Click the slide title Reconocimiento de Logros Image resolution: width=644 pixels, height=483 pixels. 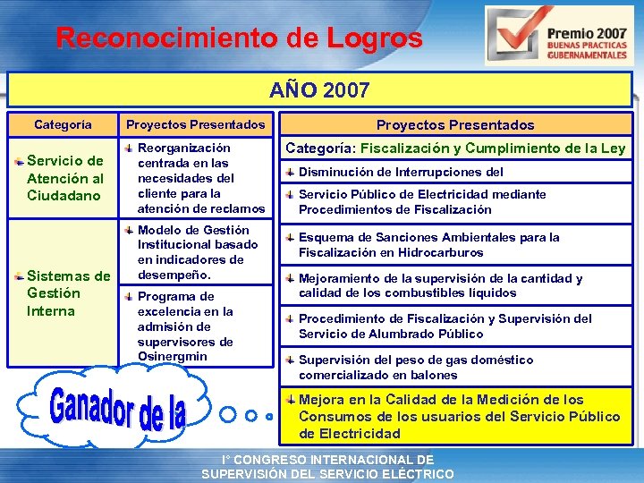pos(239,38)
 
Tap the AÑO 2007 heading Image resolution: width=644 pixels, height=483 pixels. pos(320,91)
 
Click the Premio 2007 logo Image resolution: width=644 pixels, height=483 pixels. pos(556,36)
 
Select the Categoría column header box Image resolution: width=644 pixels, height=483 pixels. pos(63,124)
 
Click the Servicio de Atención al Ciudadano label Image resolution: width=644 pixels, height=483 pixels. pos(65,178)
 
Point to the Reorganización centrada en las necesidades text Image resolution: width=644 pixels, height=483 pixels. pos(200,178)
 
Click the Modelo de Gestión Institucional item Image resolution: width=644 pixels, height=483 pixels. pos(198,252)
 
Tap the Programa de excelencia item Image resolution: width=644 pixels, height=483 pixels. pos(185,326)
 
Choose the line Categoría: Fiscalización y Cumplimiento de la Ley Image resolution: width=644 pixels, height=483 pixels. pos(455,148)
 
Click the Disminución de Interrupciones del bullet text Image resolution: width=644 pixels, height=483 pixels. pos(401,172)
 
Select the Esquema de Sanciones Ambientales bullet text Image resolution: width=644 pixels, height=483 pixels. pos(429,245)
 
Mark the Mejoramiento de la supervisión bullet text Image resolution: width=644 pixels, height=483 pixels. pos(440,285)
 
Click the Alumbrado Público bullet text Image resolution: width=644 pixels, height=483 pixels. pos(445,326)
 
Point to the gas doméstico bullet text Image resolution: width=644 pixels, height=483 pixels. pos(415,368)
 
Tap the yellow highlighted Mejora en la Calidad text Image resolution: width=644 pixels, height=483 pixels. pos(459,417)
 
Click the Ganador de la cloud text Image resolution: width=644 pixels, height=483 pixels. pos(118,407)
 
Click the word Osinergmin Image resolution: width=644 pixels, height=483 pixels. pos(173,357)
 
